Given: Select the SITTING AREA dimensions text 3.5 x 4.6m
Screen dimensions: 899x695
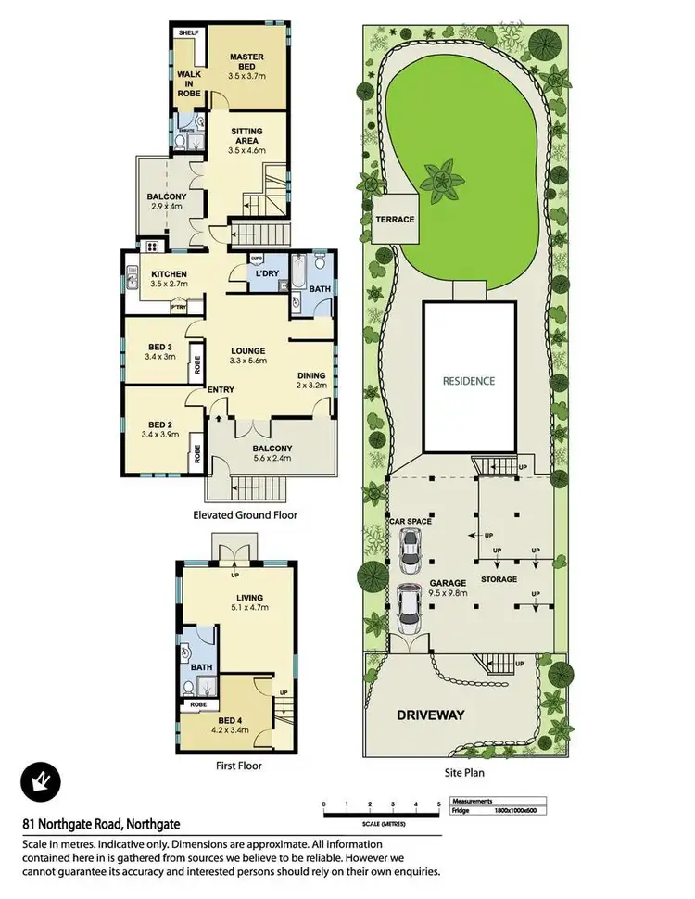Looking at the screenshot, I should click(x=246, y=149).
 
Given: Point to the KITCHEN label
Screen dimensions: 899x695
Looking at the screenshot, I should click(x=171, y=274).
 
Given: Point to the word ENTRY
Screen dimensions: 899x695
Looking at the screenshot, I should click(x=221, y=389).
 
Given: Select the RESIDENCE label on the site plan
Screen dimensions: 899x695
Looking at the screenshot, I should click(x=468, y=381).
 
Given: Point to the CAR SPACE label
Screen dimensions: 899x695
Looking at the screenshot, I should click(x=411, y=523).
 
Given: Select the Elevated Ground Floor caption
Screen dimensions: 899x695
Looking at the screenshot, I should click(x=245, y=515).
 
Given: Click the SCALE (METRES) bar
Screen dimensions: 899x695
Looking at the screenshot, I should click(x=381, y=816).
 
